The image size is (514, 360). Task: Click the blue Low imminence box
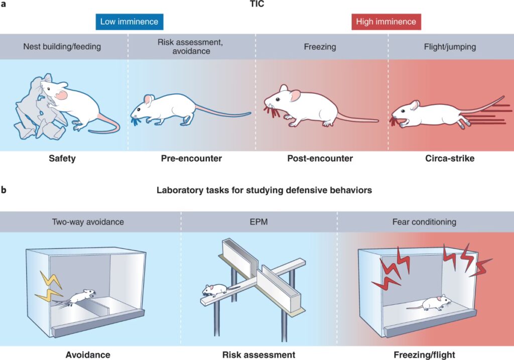tap(129, 22)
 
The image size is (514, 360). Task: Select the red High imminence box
tap(385, 22)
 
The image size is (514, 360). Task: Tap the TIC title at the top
tap(257, 5)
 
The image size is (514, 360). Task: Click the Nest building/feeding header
tap(62, 47)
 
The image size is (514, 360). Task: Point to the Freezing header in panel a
tap(320, 47)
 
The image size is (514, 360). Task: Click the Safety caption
tap(62, 159)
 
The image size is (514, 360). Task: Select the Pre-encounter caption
tap(191, 159)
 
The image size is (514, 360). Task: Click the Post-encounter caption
tap(320, 159)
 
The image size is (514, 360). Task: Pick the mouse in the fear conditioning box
tap(434, 303)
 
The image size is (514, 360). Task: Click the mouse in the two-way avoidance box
tap(81, 297)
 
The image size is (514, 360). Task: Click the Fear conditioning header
tap(425, 221)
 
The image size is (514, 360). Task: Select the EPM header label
tap(259, 221)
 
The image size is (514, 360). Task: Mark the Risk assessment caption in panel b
tap(259, 355)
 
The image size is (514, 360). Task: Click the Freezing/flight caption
tap(425, 355)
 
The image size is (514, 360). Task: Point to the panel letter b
tap(4, 190)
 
